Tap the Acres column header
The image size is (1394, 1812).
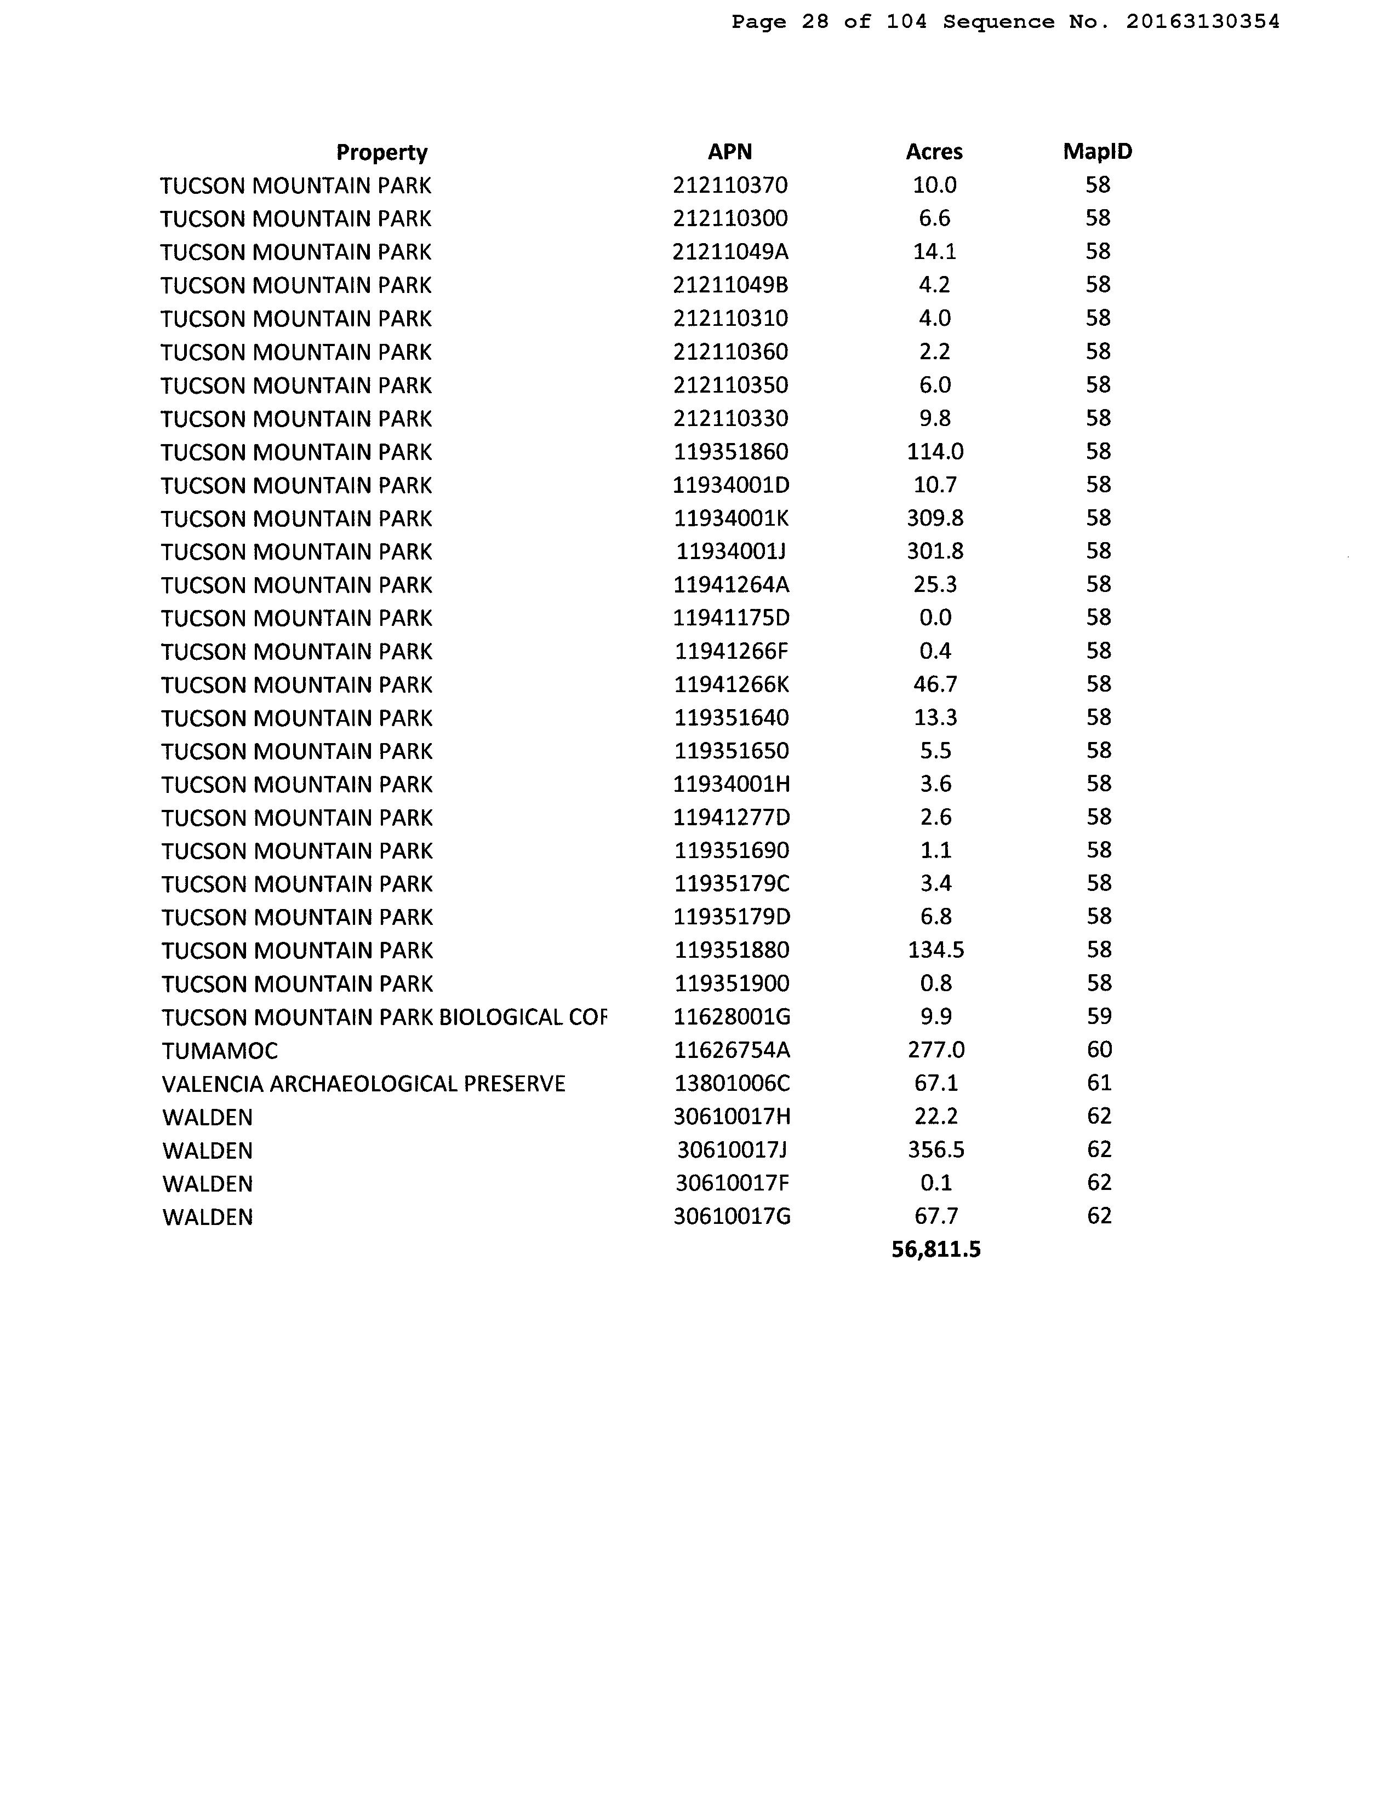tap(934, 152)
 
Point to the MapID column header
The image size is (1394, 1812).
tap(1097, 152)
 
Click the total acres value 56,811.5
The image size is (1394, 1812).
tap(935, 1249)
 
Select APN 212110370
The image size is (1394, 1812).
tap(730, 185)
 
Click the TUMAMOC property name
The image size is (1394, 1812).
tap(220, 1051)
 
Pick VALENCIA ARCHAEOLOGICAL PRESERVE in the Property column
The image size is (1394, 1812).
tap(363, 1084)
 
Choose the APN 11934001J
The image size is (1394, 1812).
tap(730, 551)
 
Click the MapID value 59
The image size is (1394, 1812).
tap(1099, 1017)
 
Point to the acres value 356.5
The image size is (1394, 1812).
tap(936, 1149)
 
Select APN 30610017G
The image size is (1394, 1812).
tap(732, 1217)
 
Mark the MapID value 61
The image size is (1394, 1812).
tap(1099, 1083)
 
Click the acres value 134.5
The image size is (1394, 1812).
tap(935, 951)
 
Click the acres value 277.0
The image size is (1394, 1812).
tap(936, 1050)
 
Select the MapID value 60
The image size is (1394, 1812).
tap(1099, 1050)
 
